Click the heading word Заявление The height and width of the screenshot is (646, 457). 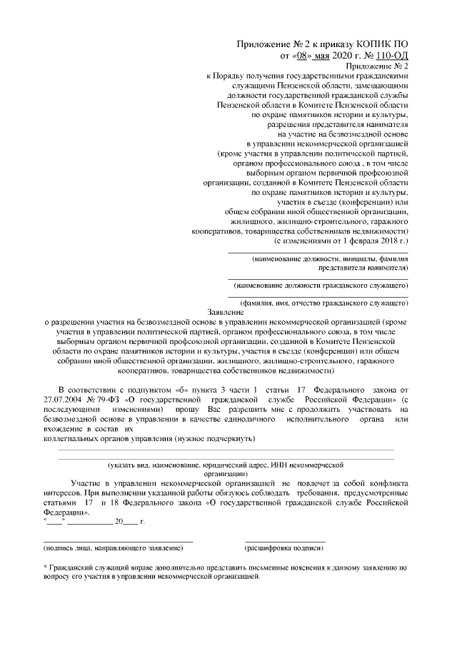pyautogui.click(x=226, y=313)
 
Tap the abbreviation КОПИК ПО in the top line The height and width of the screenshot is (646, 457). pyautogui.click(x=378, y=44)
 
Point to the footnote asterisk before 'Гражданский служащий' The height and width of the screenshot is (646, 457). pyautogui.click(x=46, y=567)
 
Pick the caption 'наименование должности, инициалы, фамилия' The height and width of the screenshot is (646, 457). pyautogui.click(x=331, y=258)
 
